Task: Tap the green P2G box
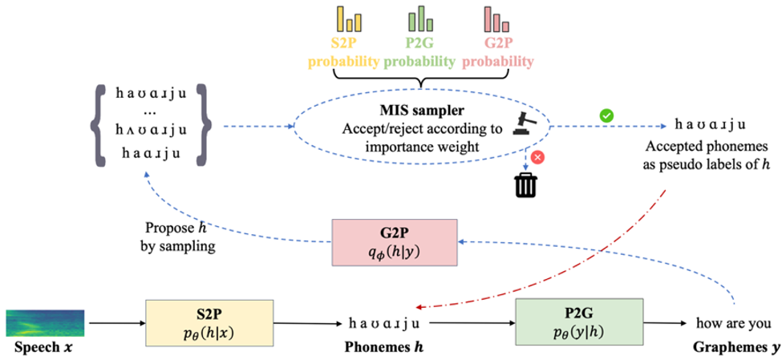(580, 322)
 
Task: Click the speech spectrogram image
(45, 322)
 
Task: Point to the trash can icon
(526, 185)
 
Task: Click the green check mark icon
(608, 117)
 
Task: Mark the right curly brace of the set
(207, 125)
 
